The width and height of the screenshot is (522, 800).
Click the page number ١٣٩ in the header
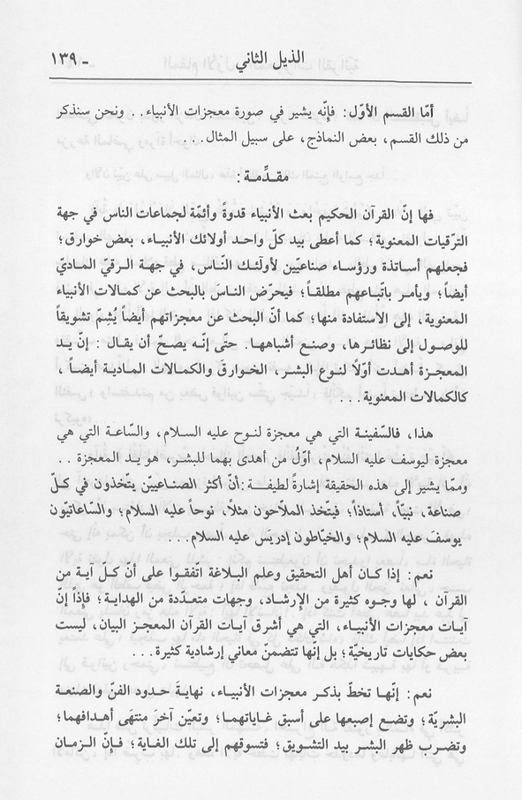click(55, 64)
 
